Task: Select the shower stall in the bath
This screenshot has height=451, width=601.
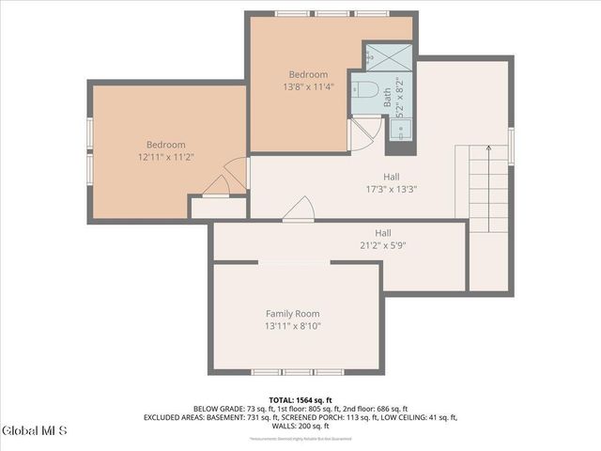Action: (387, 56)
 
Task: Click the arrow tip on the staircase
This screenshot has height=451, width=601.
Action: (488, 148)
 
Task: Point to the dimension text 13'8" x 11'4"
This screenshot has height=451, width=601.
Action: (308, 87)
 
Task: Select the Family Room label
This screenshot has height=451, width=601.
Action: (292, 314)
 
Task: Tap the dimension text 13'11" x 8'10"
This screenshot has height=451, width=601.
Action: (292, 327)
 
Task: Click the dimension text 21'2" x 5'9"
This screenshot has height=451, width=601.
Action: (383, 246)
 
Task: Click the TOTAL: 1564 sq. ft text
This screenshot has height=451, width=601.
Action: (300, 399)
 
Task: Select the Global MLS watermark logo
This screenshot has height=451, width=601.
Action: (35, 431)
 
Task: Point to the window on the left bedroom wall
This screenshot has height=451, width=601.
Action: (89, 151)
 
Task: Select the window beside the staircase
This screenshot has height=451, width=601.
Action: (512, 146)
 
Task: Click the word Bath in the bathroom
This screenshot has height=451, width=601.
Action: (388, 98)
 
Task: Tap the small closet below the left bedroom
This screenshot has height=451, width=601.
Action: (218, 208)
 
